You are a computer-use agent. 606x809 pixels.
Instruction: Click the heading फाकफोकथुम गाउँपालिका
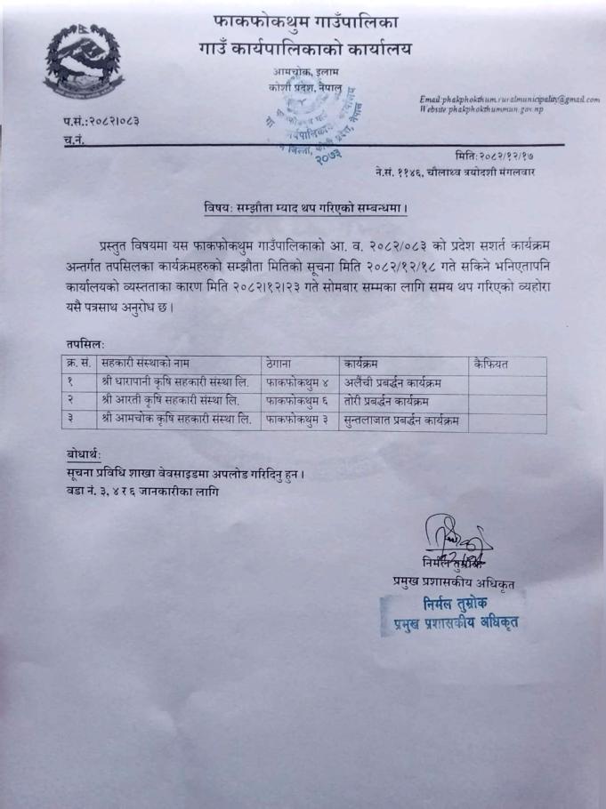pyautogui.click(x=306, y=19)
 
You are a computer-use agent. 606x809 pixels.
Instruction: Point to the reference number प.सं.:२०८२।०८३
pyautogui.click(x=90, y=120)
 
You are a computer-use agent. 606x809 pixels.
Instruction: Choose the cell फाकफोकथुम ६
pyautogui.click(x=299, y=400)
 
